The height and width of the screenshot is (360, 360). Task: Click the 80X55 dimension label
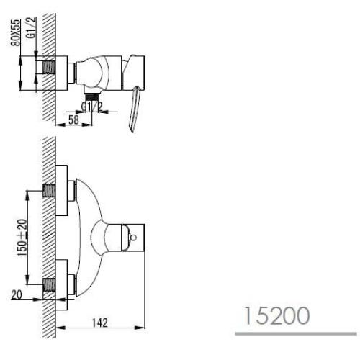pos(17,32)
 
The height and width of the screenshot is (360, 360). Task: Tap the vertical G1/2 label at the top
pos(32,27)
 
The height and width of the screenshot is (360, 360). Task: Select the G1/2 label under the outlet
pos(92,107)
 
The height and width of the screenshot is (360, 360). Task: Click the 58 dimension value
pos(73,120)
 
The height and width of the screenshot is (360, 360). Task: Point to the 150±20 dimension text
pos(23,238)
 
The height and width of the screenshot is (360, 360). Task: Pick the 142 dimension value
pos(100,323)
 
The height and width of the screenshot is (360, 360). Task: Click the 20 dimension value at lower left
pos(17,294)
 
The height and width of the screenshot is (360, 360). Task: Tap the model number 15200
pos(276,315)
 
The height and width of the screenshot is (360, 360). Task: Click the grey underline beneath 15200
pos(296,333)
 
